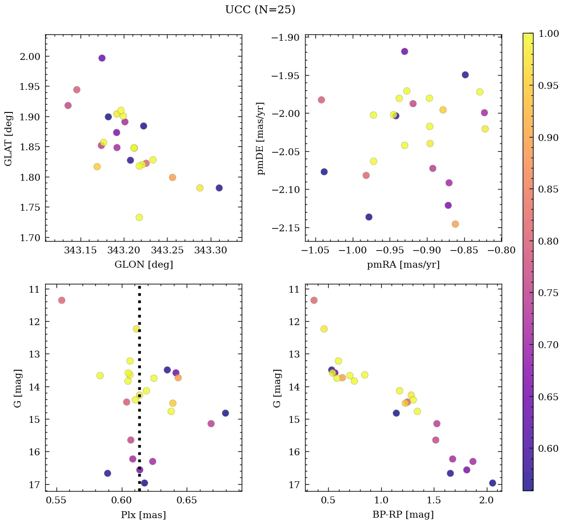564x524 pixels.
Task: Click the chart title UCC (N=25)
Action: click(260, 10)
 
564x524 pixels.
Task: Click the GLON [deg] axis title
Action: click(143, 265)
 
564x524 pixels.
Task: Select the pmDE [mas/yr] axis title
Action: click(261, 138)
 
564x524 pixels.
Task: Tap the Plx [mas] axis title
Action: click(143, 515)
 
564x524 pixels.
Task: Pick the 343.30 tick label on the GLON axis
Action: click(211, 250)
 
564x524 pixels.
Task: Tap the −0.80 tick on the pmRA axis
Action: click(501, 250)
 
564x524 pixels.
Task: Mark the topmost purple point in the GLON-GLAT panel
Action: click(102, 58)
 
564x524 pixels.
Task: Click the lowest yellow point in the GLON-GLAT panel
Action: click(139, 218)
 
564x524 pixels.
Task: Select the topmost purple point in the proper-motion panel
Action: click(404, 52)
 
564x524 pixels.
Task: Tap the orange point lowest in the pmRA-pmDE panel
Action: click(455, 224)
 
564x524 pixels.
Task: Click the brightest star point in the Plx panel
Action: click(61, 300)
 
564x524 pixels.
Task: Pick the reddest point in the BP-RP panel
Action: click(492, 483)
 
